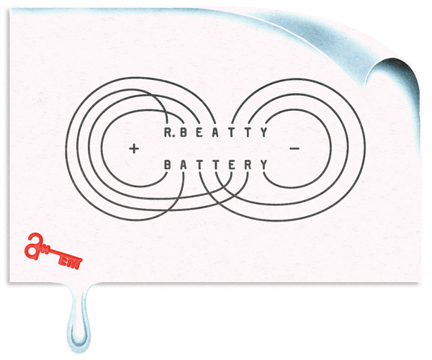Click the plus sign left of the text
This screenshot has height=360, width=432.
tap(134, 149)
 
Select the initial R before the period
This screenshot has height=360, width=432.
tap(167, 132)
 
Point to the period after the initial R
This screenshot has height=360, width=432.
tap(176, 136)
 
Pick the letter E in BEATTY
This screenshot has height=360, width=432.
tap(202, 132)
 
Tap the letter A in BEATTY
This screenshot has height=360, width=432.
tap(218, 132)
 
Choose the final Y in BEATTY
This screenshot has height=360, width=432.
tap(265, 132)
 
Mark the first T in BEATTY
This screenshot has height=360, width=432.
tap(234, 132)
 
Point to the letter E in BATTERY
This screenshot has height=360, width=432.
tap(232, 165)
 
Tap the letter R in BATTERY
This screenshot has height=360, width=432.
tap(248, 165)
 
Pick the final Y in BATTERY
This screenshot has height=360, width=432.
tap(264, 165)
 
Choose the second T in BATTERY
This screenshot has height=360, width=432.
tap(216, 165)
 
